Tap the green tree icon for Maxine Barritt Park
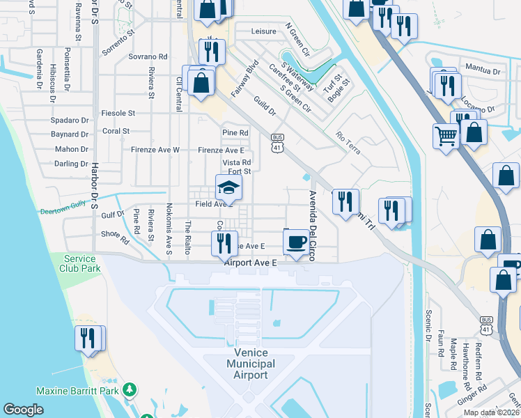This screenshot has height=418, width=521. point(128,388)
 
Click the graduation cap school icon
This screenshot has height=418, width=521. point(228,187)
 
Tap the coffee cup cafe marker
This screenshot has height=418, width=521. point(296,242)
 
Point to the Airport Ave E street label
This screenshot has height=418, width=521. point(251,263)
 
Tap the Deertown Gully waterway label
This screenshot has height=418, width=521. point(62,209)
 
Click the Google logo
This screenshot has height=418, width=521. point(24,410)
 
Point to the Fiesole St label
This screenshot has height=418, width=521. point(118,113)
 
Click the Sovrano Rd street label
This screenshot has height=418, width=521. point(148,56)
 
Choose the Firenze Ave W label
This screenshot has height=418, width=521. point(155,150)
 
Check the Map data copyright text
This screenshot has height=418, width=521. point(491,412)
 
